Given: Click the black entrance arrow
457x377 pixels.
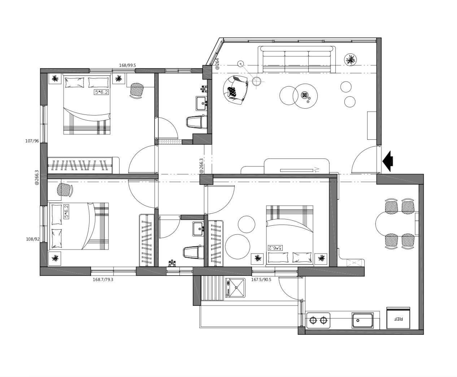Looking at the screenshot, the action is pos(388,161).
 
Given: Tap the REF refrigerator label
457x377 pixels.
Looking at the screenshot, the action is pos(398,319).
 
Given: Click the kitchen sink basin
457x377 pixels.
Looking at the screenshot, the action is pos(362,320).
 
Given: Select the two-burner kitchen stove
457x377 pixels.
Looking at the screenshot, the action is pos(318,320).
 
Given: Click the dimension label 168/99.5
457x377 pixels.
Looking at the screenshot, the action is pos(127,65).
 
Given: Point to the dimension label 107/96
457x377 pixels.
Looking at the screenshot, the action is pos(32,141).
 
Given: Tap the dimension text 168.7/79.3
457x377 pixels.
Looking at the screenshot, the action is pos(103,279).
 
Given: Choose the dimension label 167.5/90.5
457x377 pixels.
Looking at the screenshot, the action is pos(261,279).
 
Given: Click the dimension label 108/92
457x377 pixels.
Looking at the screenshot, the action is pos(32,239).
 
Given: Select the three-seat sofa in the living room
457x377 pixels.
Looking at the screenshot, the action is pos(297,59).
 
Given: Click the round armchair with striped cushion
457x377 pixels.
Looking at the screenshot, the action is pos(235,90).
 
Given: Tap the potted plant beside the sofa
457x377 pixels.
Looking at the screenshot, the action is pos(350,59).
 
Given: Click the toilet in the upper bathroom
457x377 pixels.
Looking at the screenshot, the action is pos(196,122).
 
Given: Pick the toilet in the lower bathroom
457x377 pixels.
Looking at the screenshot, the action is pos(193,252).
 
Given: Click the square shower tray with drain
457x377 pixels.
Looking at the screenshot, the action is pos(235,288).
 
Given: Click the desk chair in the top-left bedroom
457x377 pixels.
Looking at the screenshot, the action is pos(137,90).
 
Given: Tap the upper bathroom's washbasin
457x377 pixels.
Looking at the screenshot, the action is pos(201,103).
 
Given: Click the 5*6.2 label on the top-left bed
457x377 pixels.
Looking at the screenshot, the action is pos(101,92).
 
